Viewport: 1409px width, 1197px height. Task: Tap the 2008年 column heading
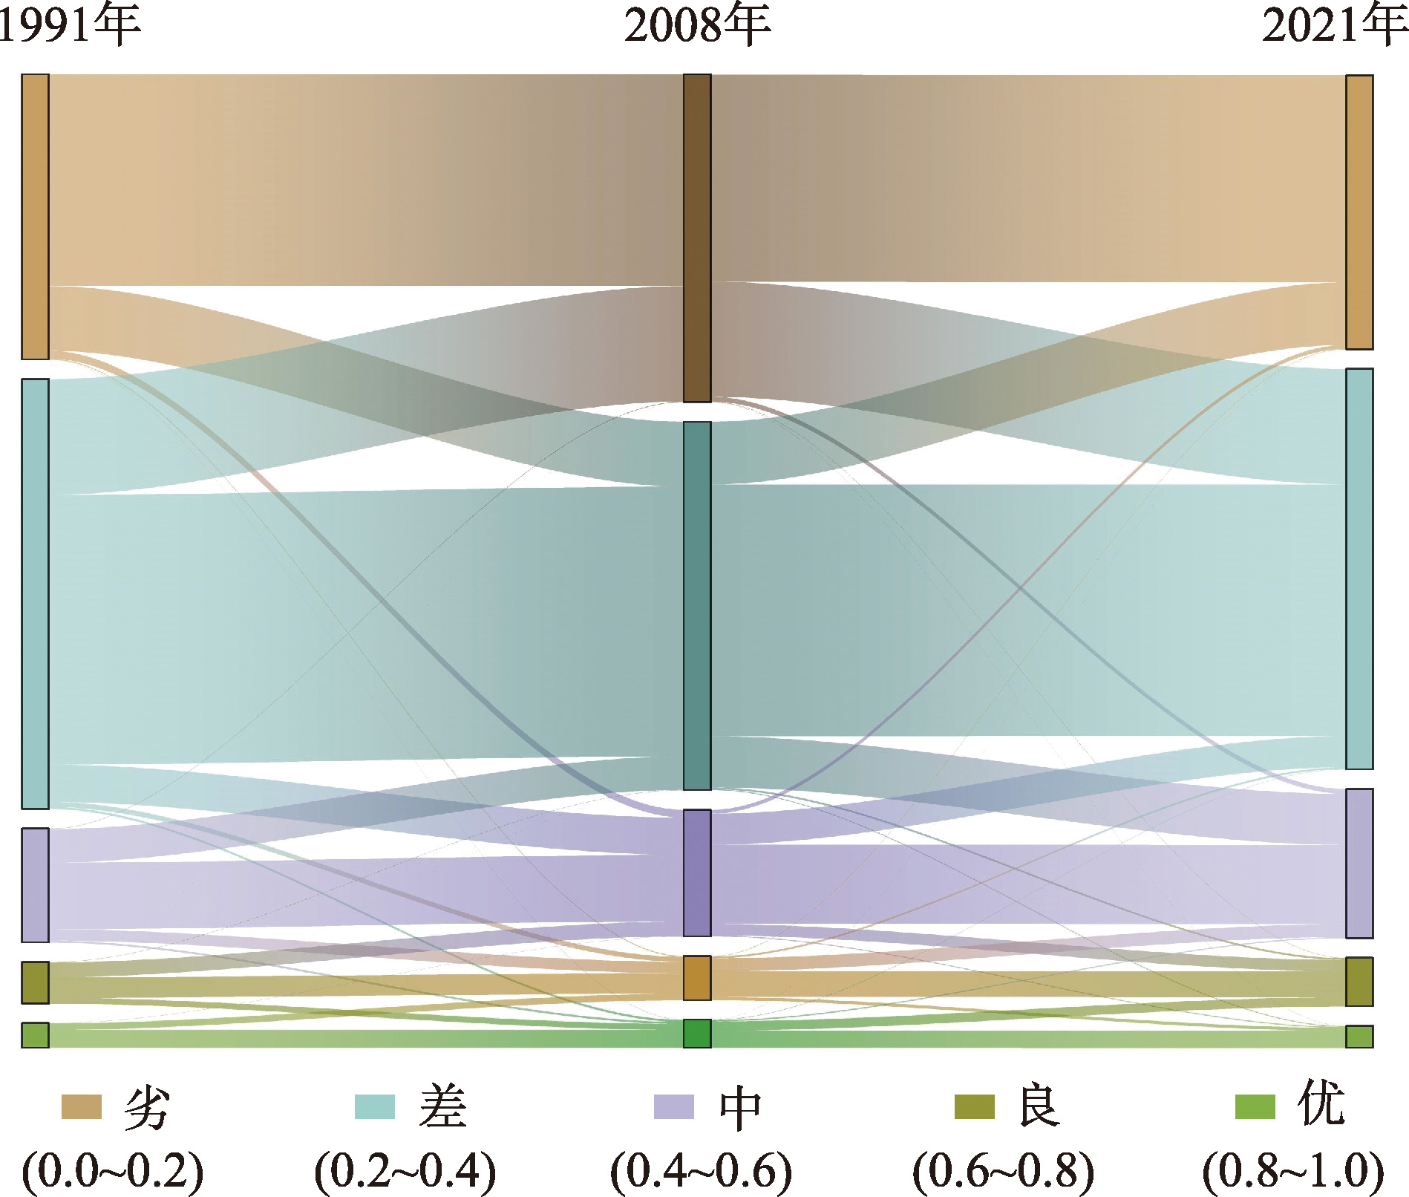(696, 26)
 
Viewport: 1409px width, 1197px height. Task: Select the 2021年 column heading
(1333, 26)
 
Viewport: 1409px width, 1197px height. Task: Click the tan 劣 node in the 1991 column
(35, 217)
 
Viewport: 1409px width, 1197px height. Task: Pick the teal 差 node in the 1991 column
(35, 593)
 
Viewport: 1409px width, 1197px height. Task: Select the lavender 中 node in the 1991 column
(35, 884)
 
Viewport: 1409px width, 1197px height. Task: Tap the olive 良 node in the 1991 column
(35, 982)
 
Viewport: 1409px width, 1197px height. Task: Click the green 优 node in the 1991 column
(35, 1035)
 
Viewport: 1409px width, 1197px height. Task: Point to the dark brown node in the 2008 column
(697, 238)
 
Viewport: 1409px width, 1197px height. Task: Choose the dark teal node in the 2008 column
(697, 605)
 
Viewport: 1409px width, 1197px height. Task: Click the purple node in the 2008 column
(697, 873)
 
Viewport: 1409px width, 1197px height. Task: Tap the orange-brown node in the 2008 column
(697, 978)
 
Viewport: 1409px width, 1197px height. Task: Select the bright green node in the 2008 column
(697, 1034)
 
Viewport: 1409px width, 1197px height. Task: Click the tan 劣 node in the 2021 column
(1359, 212)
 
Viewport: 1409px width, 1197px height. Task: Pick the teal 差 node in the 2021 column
(1359, 569)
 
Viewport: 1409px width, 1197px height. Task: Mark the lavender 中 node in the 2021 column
(1359, 863)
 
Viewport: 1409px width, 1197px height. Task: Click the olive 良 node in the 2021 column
(1359, 982)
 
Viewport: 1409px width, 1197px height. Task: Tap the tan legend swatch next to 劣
(81, 1106)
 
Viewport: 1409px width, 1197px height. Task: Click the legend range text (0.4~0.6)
(701, 1171)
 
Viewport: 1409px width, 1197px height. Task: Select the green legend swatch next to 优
(1255, 1106)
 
